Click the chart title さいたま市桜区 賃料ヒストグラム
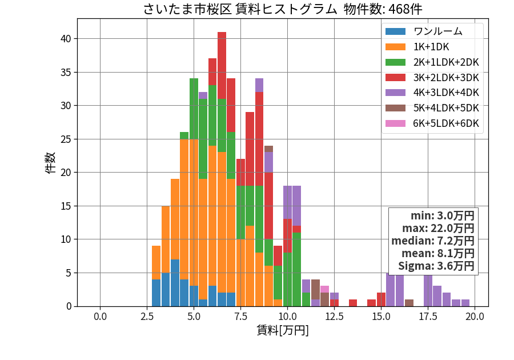[x=240, y=9]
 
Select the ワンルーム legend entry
[x=424, y=31]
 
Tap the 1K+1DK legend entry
[x=417, y=47]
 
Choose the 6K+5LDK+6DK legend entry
[x=432, y=123]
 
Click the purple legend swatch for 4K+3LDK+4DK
[x=395, y=93]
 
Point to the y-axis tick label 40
[x=66, y=39]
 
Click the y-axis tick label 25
[x=66, y=139]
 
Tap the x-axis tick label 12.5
[x=334, y=317]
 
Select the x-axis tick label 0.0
[x=100, y=317]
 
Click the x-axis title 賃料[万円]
[x=283, y=330]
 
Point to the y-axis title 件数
[x=50, y=163]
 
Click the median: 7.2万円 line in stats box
[x=433, y=241]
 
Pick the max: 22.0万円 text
[x=438, y=228]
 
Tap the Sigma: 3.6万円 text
[x=436, y=266]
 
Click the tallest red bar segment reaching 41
[x=222, y=66]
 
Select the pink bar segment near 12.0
[x=324, y=289]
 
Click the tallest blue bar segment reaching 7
[x=175, y=283]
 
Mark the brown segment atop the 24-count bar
[x=269, y=149]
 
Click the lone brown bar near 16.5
[x=409, y=303]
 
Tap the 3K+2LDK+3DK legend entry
[x=432, y=77]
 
